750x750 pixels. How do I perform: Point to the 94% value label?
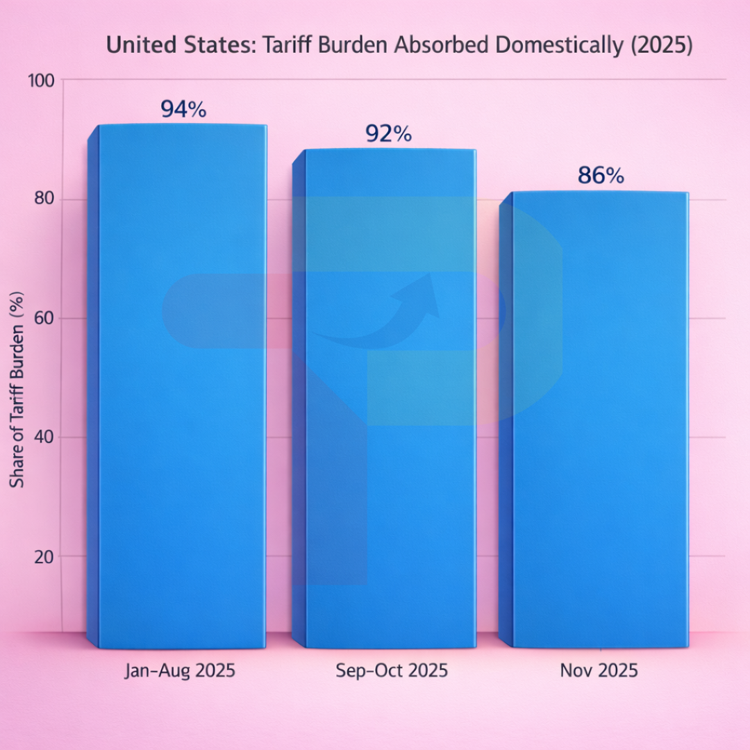183,110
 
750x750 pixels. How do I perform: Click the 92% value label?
388,134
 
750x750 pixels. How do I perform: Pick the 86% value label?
601,176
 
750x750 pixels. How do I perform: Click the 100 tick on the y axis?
40,81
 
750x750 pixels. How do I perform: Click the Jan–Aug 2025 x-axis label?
180,671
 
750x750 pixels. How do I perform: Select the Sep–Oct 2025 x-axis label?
392,671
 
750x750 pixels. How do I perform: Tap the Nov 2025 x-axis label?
598,671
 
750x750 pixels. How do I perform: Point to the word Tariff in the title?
292,46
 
